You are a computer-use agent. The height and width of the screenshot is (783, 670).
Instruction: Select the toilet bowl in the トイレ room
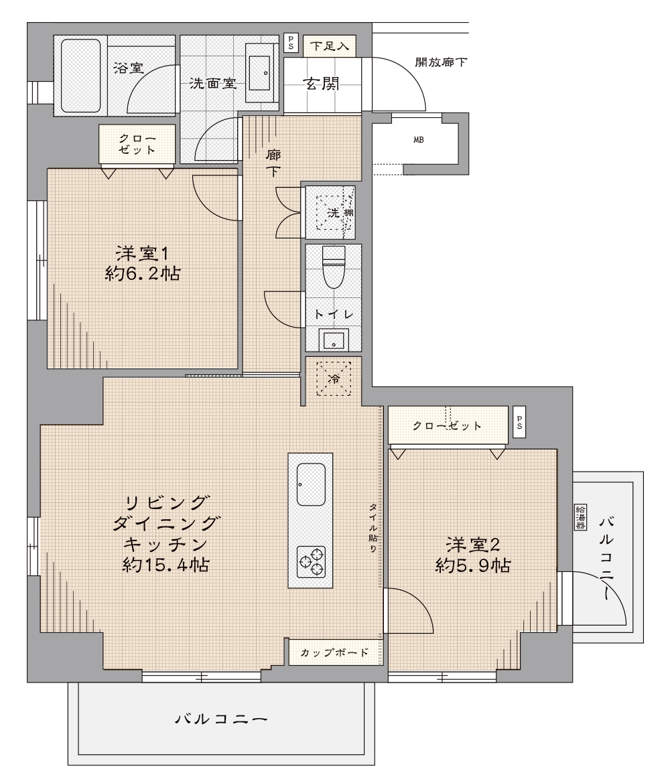pos(334,267)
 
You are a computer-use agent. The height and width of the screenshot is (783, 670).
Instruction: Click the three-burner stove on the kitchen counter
pos(312,562)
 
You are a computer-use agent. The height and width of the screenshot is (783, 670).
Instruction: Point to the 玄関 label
pos(322,84)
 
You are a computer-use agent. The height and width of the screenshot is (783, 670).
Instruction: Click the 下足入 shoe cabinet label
pos(329,46)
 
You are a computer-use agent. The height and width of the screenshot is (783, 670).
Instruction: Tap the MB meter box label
pos(419,140)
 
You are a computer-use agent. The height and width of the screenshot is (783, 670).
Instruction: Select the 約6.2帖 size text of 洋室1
pos(143,274)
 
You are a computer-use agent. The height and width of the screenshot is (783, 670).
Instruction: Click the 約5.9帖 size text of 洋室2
pos(473,566)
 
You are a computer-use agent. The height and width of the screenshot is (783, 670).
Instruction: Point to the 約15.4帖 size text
pos(166,565)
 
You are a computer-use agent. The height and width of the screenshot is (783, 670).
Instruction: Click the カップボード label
pos(334,652)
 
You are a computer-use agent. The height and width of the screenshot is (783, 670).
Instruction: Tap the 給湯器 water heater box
pos(580,517)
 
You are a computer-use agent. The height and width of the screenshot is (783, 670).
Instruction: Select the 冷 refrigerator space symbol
pos(334,379)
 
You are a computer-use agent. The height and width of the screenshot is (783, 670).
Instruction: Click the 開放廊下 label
pos(441,62)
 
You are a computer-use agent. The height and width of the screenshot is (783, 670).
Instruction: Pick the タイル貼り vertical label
pos(373,527)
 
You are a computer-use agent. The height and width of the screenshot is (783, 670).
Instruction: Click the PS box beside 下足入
pos(291,43)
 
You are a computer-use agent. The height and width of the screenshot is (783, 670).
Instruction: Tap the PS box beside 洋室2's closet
pos(519,423)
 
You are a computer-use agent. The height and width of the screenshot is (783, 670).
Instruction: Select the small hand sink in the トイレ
pos(333,340)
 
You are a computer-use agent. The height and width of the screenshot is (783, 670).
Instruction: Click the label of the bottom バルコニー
pos(221,719)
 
